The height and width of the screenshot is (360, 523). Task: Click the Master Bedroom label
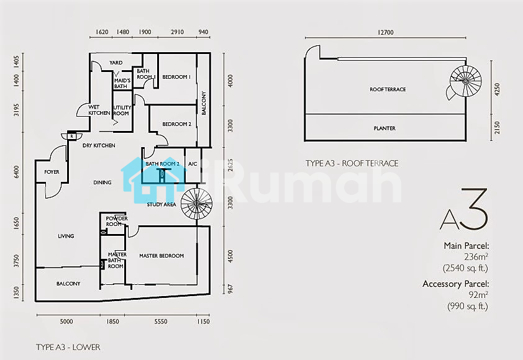161,256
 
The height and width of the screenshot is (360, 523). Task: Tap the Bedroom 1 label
176,77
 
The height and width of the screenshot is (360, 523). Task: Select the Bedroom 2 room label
177,124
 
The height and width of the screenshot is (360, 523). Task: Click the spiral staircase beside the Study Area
196,204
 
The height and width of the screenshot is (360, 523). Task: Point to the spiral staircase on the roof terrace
465,82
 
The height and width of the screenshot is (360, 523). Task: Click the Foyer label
52,172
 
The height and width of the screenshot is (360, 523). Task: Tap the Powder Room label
117,222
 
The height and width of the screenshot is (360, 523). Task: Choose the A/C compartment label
193,164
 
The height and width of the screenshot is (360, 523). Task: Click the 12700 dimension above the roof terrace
386,32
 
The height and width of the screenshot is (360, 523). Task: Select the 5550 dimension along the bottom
161,322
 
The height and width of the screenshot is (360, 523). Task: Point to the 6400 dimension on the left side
16,172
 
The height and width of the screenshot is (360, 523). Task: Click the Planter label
384,128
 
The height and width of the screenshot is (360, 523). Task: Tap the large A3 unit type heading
464,209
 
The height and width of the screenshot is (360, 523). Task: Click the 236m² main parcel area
476,257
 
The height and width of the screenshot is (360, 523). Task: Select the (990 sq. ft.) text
468,306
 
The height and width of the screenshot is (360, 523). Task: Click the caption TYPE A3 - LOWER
68,347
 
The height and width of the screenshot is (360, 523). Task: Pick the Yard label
116,63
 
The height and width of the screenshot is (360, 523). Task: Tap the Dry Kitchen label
99,145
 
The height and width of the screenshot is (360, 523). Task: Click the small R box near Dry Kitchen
71,137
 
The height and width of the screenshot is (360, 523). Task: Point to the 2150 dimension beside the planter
497,128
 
